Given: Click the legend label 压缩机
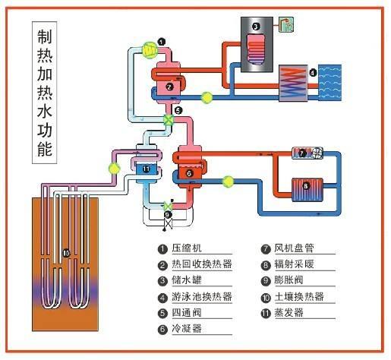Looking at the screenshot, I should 187,249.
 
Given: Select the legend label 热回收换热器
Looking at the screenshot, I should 201,265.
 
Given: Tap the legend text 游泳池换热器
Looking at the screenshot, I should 201,297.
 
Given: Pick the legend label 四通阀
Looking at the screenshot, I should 187,313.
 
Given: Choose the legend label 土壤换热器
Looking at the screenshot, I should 299,297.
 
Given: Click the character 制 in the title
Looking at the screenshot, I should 45,38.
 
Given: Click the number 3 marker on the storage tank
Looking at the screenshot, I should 256,27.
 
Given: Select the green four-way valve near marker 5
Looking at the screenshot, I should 169,121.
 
